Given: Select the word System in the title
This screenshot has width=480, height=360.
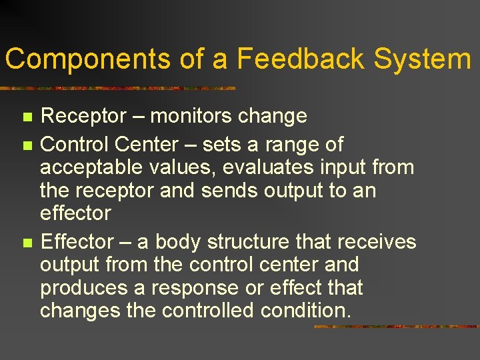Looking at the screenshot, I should click(x=422, y=59).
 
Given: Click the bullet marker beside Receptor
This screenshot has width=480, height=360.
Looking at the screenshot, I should click(x=27, y=117).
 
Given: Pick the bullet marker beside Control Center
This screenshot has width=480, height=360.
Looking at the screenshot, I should click(x=27, y=145).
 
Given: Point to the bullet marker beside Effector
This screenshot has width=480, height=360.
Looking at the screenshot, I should click(x=27, y=242).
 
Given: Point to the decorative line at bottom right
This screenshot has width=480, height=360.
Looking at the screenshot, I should click(x=396, y=327).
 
